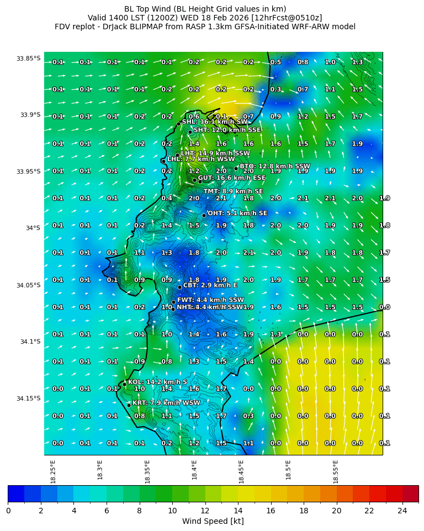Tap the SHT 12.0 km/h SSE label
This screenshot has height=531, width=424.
[x=227, y=130]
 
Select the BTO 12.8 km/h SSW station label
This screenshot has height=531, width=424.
[x=274, y=166]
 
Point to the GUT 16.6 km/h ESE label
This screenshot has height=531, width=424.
[x=232, y=178]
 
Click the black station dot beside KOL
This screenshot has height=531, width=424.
[x=124, y=384]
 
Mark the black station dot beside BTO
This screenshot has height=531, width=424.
[x=236, y=168]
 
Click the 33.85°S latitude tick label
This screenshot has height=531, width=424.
[x=29, y=59]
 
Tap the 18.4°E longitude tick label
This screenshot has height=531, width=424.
[x=194, y=471]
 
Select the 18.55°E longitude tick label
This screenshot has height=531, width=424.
[x=336, y=471]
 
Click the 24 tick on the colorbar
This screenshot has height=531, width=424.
[x=402, y=511]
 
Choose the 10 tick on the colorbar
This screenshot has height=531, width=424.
[x=172, y=511]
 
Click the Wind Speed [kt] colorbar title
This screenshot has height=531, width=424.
[x=213, y=522]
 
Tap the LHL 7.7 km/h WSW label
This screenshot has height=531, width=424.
[x=201, y=159]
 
